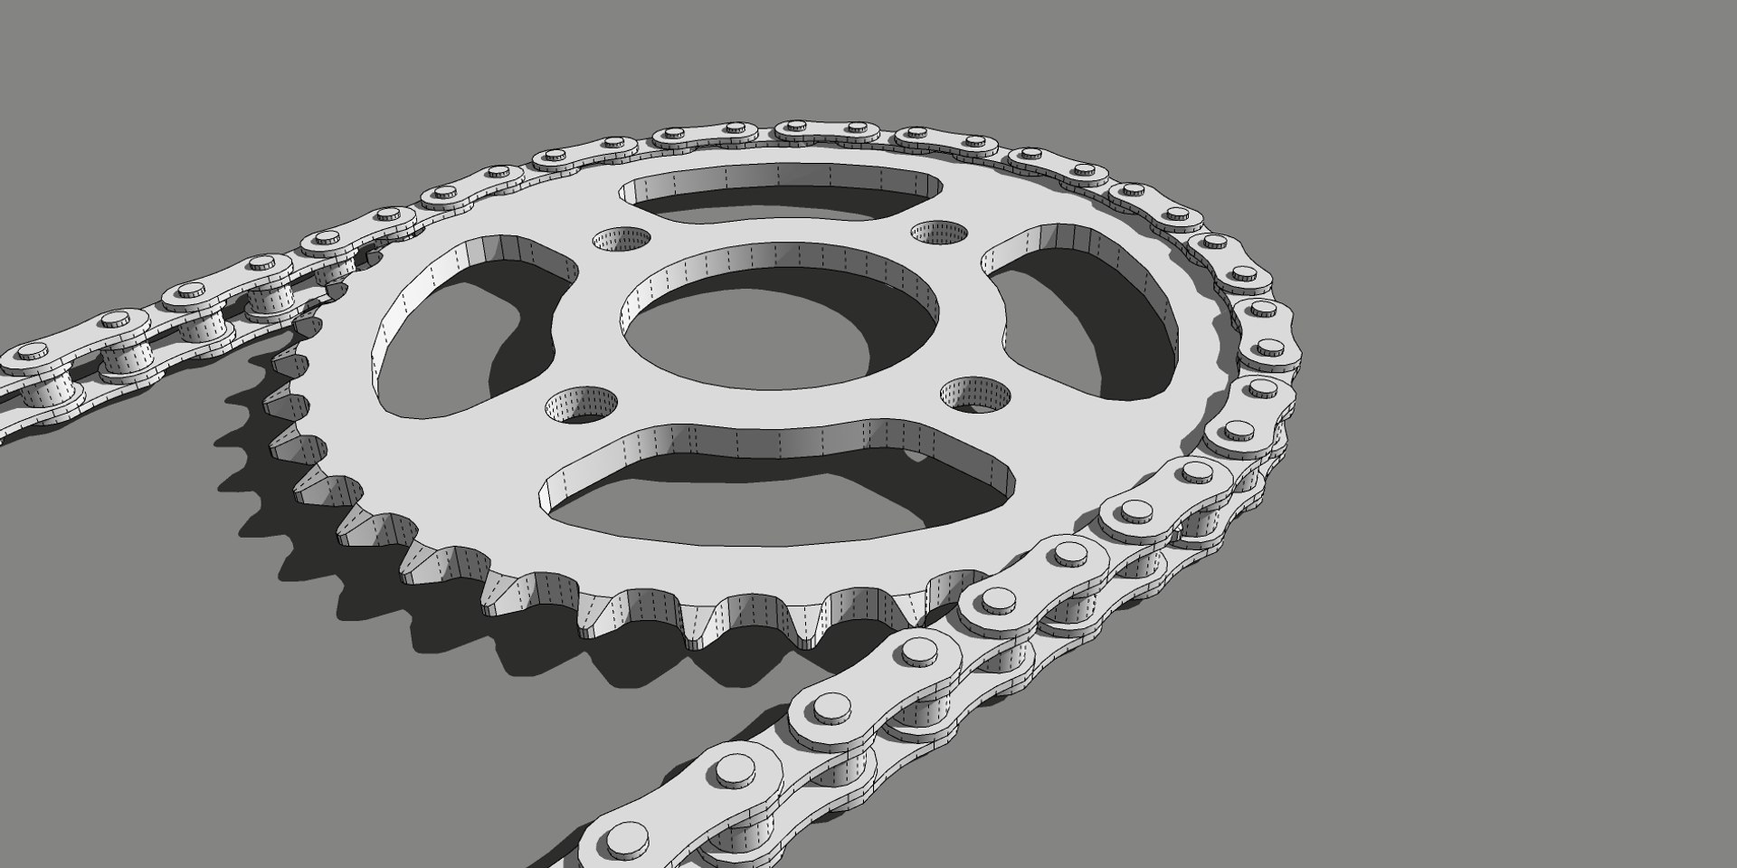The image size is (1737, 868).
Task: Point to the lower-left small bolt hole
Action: point(580,405)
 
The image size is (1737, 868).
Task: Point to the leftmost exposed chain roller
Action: point(50,391)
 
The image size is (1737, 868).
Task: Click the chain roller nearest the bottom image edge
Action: point(733,846)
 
